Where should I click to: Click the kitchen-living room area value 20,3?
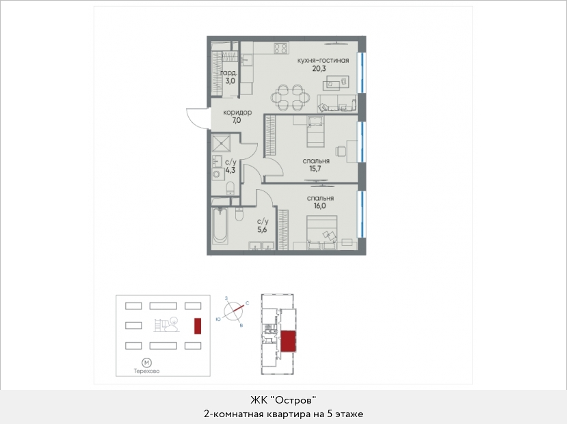pyautogui.click(x=319, y=68)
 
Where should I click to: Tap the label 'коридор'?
pyautogui.click(x=237, y=113)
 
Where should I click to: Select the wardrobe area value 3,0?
pyautogui.click(x=230, y=81)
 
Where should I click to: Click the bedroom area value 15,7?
pyautogui.click(x=315, y=169)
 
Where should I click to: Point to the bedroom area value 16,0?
pyautogui.click(x=319, y=206)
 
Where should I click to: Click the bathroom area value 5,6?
pyautogui.click(x=262, y=229)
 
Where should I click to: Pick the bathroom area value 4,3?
pyautogui.click(x=230, y=170)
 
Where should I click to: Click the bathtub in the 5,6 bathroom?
pyautogui.click(x=220, y=225)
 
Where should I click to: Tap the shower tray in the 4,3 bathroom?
pyautogui.click(x=222, y=143)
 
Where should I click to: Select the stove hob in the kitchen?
pyautogui.click(x=280, y=48)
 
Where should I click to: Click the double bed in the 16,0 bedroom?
pyautogui.click(x=322, y=232)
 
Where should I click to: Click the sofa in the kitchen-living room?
pyautogui.click(x=337, y=104)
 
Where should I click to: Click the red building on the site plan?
pyautogui.click(x=198, y=326)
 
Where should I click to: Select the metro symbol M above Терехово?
pyautogui.click(x=146, y=363)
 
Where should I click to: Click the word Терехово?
pyautogui.click(x=146, y=371)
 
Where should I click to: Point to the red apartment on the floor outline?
pyautogui.click(x=288, y=341)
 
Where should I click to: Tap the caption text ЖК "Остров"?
pyautogui.click(x=283, y=400)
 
